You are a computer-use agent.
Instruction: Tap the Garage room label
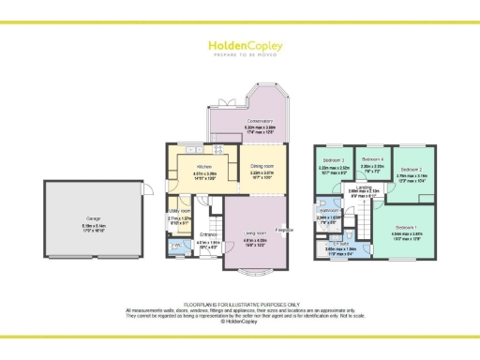click(94, 219)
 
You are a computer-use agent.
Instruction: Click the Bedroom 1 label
click(405, 228)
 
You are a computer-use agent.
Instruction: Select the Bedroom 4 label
click(374, 159)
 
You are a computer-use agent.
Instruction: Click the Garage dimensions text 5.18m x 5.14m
click(94, 226)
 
